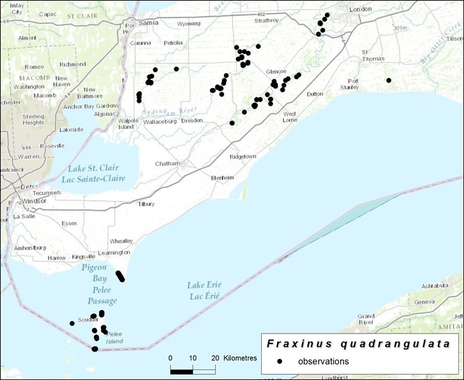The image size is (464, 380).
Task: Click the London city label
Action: [x=360, y=9]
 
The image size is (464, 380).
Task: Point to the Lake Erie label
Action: [x=204, y=285]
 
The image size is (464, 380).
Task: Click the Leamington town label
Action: [x=114, y=252]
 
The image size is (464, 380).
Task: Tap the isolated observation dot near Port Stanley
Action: [x=388, y=80]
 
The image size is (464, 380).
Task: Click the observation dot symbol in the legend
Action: [x=280, y=361]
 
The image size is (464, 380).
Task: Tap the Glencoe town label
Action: [x=276, y=71]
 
